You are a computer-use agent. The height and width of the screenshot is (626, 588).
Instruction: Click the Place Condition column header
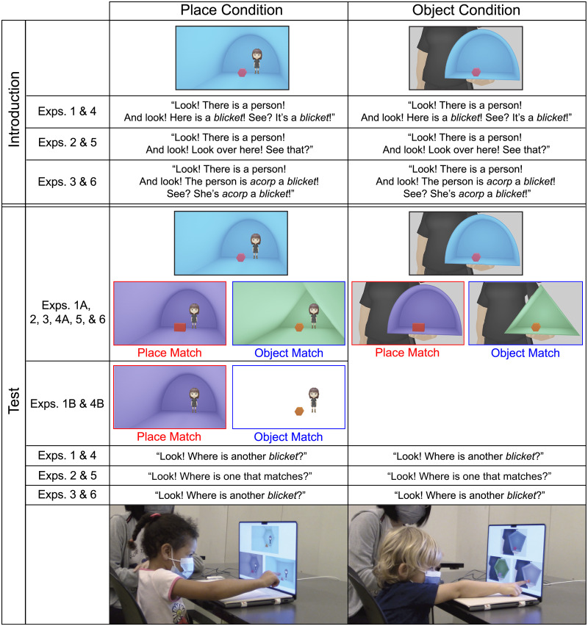(x=228, y=10)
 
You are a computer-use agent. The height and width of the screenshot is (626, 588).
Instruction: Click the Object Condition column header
(x=467, y=10)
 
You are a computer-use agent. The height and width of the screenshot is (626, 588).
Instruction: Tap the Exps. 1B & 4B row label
(x=68, y=403)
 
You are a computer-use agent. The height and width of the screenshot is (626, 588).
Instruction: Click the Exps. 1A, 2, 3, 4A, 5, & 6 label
(x=68, y=314)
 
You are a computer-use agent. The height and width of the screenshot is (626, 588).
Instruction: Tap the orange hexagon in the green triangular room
(x=299, y=327)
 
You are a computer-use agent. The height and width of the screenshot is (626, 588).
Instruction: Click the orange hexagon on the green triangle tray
(x=537, y=326)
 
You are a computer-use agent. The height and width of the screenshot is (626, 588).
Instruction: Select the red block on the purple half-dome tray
(x=419, y=327)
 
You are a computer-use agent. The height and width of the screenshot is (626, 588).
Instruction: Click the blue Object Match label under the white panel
(x=288, y=437)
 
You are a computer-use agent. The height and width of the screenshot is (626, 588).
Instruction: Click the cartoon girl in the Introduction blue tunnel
(x=257, y=60)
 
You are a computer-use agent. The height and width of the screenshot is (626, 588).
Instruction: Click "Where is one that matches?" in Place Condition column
(x=228, y=475)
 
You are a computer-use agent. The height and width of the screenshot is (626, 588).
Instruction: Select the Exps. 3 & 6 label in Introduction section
(x=68, y=182)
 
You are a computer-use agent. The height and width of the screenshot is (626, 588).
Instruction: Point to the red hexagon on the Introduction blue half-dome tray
(x=476, y=72)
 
